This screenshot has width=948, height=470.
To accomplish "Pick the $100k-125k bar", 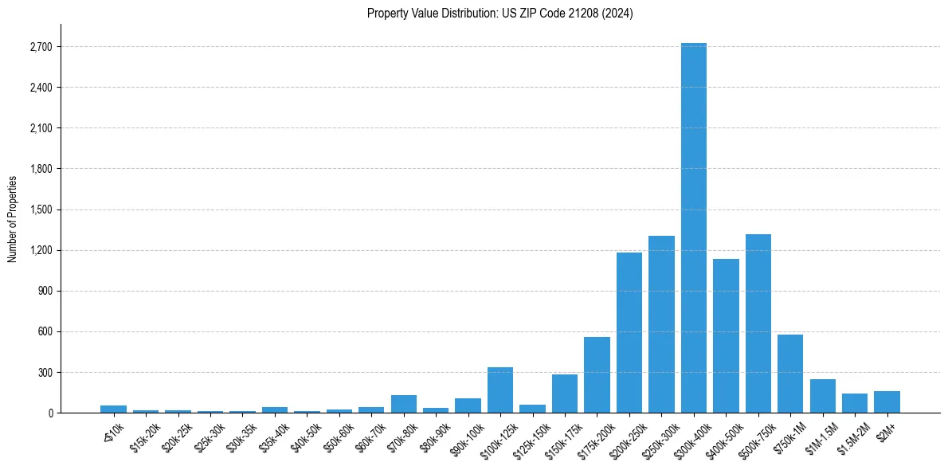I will tap(499, 390).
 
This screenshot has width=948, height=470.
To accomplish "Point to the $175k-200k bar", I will tap(597, 375).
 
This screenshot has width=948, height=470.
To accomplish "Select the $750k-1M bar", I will tap(790, 374).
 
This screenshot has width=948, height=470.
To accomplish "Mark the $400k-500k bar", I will tap(726, 335).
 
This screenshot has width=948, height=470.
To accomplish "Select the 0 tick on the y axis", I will tap(50, 413).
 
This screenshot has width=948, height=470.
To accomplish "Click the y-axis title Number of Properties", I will tap(12, 218).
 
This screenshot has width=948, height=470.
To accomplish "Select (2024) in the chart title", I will tap(618, 14).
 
